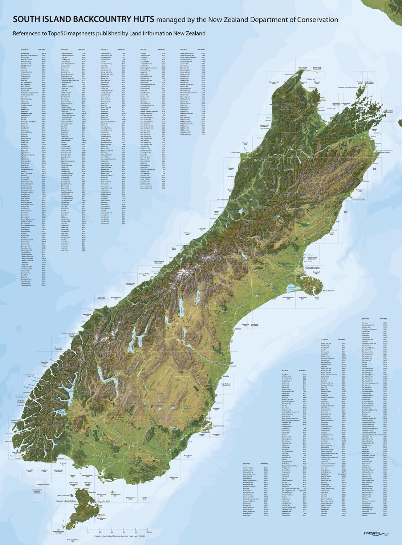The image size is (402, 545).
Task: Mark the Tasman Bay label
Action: [x=330, y=108]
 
